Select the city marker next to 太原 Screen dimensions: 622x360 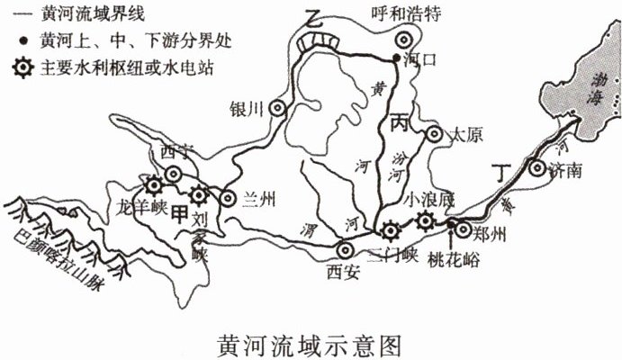pyautogui.click(x=434, y=135)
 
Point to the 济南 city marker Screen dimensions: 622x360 pyautogui.click(x=536, y=166)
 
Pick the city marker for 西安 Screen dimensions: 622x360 pyautogui.click(x=344, y=249)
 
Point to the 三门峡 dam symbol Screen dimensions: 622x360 pyautogui.click(x=389, y=230)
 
